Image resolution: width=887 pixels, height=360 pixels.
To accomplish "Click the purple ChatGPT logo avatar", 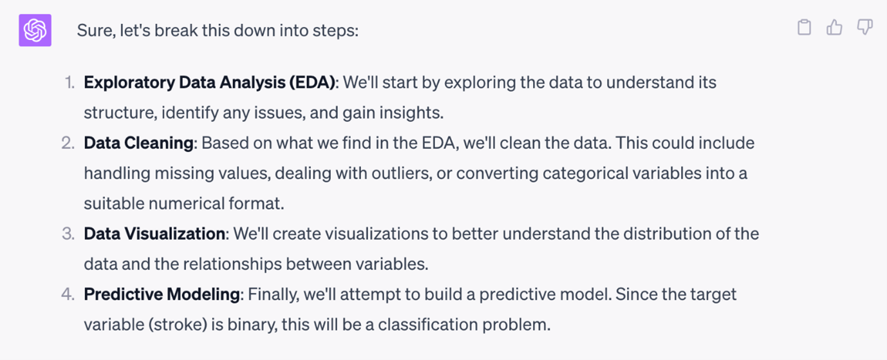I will click(x=35, y=30).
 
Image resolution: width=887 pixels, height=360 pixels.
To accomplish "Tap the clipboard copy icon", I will click(x=804, y=27).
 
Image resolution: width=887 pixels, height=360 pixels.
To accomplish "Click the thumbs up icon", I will click(x=834, y=27).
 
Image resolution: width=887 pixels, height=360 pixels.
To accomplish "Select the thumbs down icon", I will click(x=864, y=27).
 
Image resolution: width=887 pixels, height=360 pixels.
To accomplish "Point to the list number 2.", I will click(x=68, y=143).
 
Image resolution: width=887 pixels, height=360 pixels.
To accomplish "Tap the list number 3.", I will click(x=68, y=234).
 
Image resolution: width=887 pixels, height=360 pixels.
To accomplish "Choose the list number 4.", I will click(x=68, y=294).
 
